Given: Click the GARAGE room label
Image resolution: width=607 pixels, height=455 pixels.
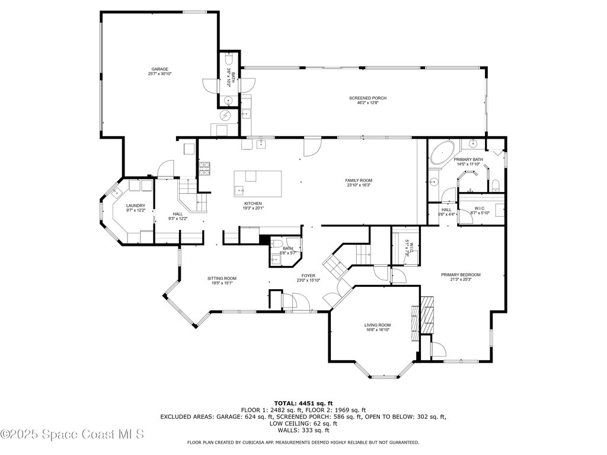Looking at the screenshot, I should (x=159, y=69).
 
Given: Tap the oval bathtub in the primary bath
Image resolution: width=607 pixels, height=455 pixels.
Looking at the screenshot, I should (x=442, y=153).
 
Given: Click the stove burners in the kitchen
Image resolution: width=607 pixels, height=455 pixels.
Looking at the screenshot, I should (x=205, y=169).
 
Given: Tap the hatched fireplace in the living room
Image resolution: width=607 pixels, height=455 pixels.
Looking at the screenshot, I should (x=427, y=321).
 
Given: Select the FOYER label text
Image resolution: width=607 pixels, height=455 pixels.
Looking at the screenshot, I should (x=308, y=275).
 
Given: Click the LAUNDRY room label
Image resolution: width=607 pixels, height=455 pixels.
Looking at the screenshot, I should (x=135, y=206).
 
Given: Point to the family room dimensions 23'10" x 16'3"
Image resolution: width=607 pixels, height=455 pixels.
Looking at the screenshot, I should (x=359, y=185).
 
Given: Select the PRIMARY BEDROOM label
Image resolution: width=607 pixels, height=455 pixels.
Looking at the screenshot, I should (x=461, y=274).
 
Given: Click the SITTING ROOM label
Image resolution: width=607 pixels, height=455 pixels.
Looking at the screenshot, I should (x=222, y=278).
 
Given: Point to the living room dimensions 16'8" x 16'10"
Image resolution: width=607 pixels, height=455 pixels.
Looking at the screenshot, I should (x=377, y=330).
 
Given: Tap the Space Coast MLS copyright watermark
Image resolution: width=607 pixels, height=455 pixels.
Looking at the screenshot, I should (x=72, y=434).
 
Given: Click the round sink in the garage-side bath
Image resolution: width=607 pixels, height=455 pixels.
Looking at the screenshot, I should (x=228, y=101).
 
